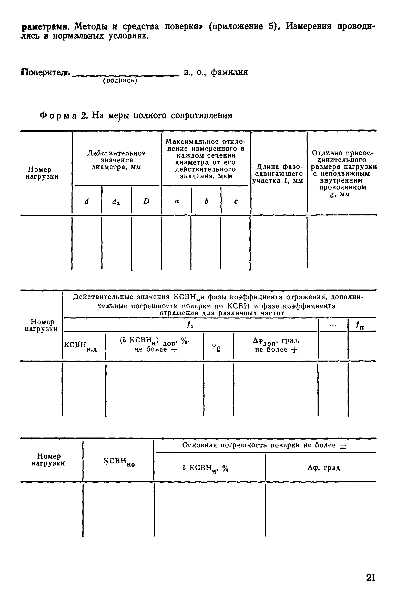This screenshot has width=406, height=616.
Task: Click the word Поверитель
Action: click(46, 73)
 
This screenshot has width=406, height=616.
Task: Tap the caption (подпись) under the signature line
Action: click(120, 81)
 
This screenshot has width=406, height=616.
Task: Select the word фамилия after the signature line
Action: click(229, 72)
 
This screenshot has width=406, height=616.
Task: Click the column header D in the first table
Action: click(146, 201)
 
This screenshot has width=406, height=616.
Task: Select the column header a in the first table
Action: click(177, 201)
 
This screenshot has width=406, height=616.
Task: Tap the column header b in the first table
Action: click(206, 201)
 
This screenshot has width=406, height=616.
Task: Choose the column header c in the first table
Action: click(236, 201)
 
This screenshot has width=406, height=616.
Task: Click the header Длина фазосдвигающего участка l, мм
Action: click(278, 173)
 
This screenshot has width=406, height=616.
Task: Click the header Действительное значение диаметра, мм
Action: click(116, 160)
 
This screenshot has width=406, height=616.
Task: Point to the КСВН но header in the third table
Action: click(119, 462)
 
